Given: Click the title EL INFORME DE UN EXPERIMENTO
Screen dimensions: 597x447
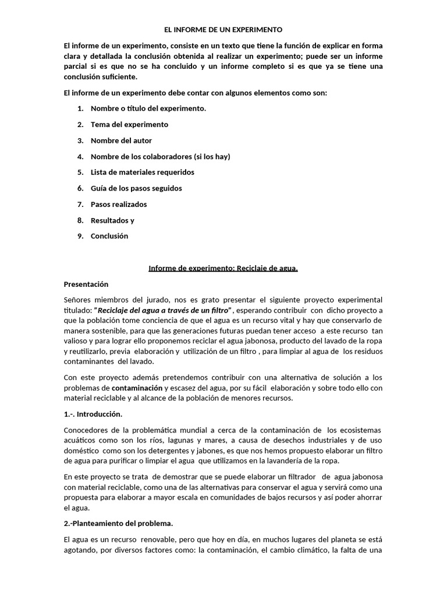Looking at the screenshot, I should [223, 29].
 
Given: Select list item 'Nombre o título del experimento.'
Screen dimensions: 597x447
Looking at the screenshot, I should [148, 108].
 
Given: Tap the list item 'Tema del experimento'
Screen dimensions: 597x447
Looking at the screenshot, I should [129, 124].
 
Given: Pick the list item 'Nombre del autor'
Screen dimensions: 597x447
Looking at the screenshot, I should [122, 141].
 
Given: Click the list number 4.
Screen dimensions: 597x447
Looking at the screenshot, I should [80, 156].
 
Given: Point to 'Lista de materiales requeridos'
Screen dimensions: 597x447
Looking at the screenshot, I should [143, 172].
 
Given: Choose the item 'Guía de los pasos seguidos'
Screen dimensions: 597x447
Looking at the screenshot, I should [136, 188].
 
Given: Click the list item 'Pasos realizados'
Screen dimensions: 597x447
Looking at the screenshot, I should [119, 204].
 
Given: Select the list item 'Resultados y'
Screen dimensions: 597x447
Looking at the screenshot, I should [112, 220].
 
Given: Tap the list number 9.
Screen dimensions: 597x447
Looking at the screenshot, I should [80, 236].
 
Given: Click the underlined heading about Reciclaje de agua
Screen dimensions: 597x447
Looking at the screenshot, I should [223, 268].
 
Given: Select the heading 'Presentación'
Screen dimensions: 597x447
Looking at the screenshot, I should [86, 284].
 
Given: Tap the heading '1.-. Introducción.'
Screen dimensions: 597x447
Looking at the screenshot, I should [93, 414].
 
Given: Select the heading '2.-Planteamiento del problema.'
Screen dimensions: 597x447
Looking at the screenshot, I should [118, 523].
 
